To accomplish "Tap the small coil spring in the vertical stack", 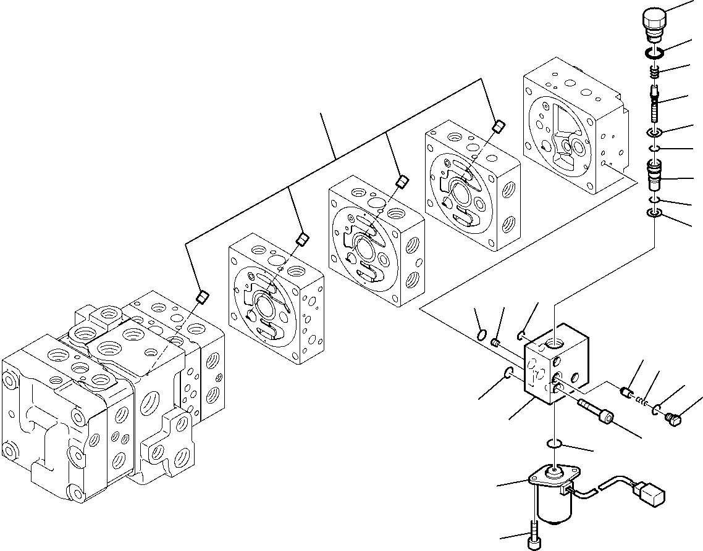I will (x=654, y=73).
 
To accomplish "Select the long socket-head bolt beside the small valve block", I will (x=596, y=412).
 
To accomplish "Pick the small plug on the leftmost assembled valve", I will (x=201, y=299).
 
